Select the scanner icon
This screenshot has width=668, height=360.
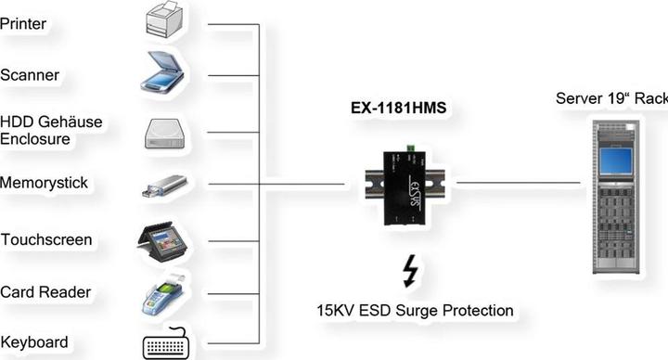[x=165, y=73]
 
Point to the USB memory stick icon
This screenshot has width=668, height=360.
[x=164, y=185]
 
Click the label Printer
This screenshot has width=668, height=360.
[x=23, y=23]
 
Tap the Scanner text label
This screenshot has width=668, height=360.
[x=30, y=75]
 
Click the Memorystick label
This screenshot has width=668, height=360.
[x=45, y=183]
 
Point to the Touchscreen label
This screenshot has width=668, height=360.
[x=45, y=240]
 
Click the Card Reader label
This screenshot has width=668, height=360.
[x=45, y=292]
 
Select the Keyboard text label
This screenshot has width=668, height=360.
[x=33, y=341]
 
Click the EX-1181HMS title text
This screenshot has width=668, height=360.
[x=398, y=108]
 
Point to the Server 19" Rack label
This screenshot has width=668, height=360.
[x=611, y=98]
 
